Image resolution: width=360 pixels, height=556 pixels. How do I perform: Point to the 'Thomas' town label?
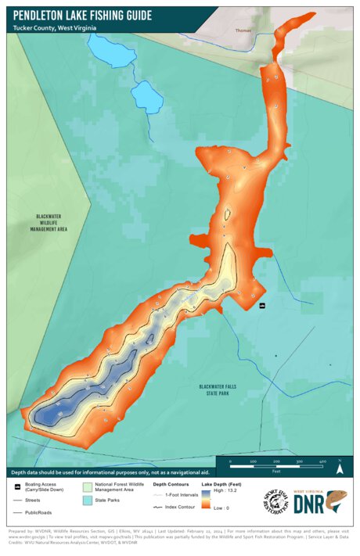tap(245, 31)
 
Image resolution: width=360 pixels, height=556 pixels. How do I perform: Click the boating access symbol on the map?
tap(262, 305)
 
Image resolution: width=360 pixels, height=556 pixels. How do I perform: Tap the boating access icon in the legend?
tap(18, 486)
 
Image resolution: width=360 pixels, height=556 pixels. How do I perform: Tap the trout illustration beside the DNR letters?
tap(337, 501)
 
